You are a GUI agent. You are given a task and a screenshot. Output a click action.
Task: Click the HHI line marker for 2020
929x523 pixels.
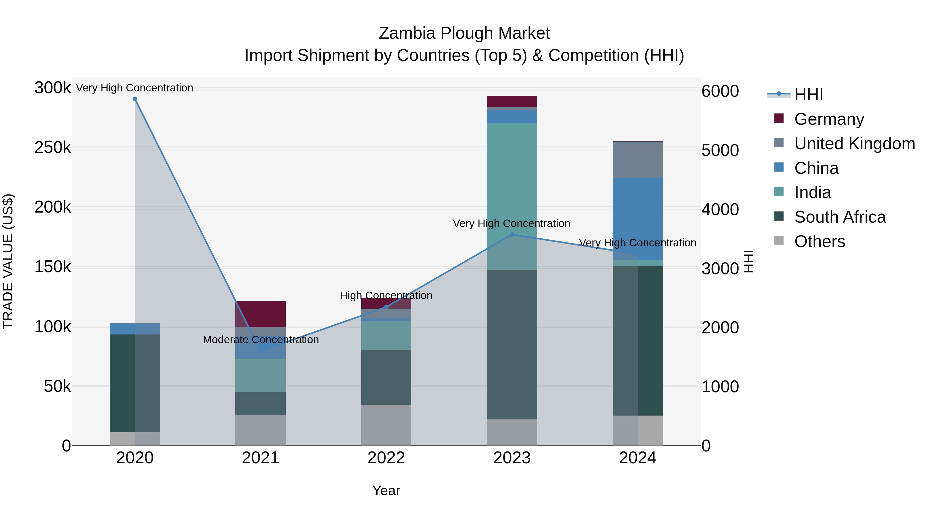[135, 99]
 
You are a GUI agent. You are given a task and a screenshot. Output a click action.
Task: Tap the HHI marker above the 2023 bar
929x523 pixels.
[512, 235]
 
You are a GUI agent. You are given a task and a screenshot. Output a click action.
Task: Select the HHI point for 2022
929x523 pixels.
[386, 307]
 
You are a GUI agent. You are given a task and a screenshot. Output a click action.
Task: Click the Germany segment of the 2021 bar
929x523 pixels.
[260, 314]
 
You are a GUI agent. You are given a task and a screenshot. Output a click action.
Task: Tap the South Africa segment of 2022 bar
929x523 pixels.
[386, 377]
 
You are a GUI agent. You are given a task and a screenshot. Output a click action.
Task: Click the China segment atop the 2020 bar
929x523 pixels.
[135, 329]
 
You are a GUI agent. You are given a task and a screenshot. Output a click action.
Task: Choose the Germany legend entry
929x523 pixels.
[829, 119]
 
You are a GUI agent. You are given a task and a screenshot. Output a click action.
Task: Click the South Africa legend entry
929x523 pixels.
[839, 217]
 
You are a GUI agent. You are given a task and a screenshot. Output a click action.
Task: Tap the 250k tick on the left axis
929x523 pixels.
[53, 148]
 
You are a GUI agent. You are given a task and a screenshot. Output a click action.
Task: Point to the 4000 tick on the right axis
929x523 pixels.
[720, 209]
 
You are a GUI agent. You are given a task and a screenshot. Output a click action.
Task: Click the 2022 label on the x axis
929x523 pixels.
[386, 458]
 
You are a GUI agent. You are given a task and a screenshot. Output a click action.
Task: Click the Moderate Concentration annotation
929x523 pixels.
[260, 340]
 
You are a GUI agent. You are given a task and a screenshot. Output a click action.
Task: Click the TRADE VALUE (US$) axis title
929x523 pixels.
[8, 261]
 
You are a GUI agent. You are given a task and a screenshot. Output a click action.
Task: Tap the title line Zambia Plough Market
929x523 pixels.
[464, 33]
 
